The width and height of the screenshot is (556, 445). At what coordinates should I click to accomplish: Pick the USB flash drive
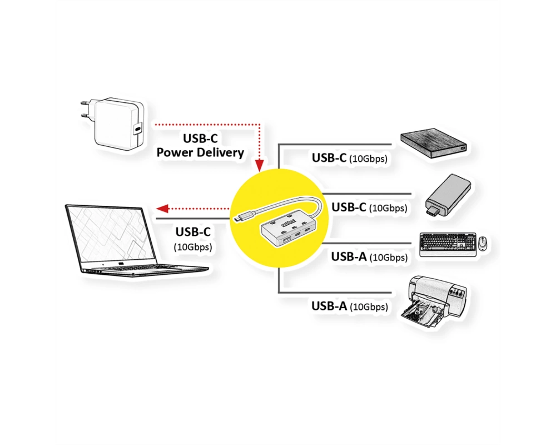(449, 196)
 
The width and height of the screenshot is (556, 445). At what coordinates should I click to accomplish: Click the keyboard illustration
(448, 245)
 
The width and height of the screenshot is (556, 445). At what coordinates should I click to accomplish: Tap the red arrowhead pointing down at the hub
(260, 165)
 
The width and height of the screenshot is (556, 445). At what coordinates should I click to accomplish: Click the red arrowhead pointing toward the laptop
(162, 208)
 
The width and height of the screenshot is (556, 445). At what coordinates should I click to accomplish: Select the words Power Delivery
(200, 152)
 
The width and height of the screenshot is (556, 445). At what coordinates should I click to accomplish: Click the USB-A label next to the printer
(329, 306)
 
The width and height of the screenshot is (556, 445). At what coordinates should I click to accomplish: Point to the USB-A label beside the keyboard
(349, 256)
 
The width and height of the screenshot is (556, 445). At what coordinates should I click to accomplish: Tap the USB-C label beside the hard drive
(329, 157)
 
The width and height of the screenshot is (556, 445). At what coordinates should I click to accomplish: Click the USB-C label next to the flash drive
(349, 207)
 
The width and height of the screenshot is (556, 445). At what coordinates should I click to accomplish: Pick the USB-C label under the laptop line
(193, 232)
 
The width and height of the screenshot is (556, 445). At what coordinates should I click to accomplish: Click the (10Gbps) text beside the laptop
(193, 246)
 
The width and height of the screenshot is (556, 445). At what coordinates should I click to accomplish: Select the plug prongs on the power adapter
(85, 109)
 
